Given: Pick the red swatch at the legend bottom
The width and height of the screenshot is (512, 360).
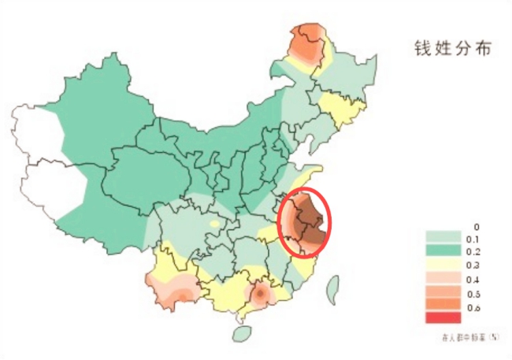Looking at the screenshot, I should pos(441,317).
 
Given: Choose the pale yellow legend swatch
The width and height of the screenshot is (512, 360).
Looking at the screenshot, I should pos(441,263).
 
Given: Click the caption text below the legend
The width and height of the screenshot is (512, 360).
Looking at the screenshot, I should pos(469,336).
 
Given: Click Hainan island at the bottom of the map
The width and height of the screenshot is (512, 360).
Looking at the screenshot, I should pos(243,332).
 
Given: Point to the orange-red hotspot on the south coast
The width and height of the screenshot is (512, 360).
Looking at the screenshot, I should pos(259,295).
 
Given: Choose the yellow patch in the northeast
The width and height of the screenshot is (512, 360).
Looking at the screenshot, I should pos(341,109).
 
